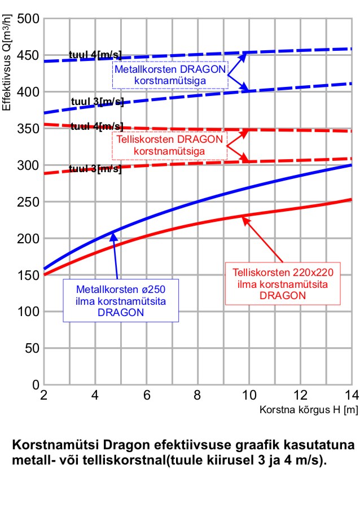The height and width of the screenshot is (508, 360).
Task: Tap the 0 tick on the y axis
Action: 34,385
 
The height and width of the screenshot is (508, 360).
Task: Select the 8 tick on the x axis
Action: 197,395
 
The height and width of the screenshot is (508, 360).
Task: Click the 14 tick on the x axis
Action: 350,395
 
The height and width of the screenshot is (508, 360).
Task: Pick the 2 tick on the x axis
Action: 43,395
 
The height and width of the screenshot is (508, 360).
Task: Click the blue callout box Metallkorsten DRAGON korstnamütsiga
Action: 170,75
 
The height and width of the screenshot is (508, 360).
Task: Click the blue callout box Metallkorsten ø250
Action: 120,300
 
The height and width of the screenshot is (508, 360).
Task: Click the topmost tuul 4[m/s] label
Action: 95,55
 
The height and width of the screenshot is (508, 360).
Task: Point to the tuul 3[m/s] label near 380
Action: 96,102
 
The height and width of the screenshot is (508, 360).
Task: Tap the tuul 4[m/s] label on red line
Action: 96,126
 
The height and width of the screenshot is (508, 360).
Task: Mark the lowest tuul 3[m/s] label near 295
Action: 95,169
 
